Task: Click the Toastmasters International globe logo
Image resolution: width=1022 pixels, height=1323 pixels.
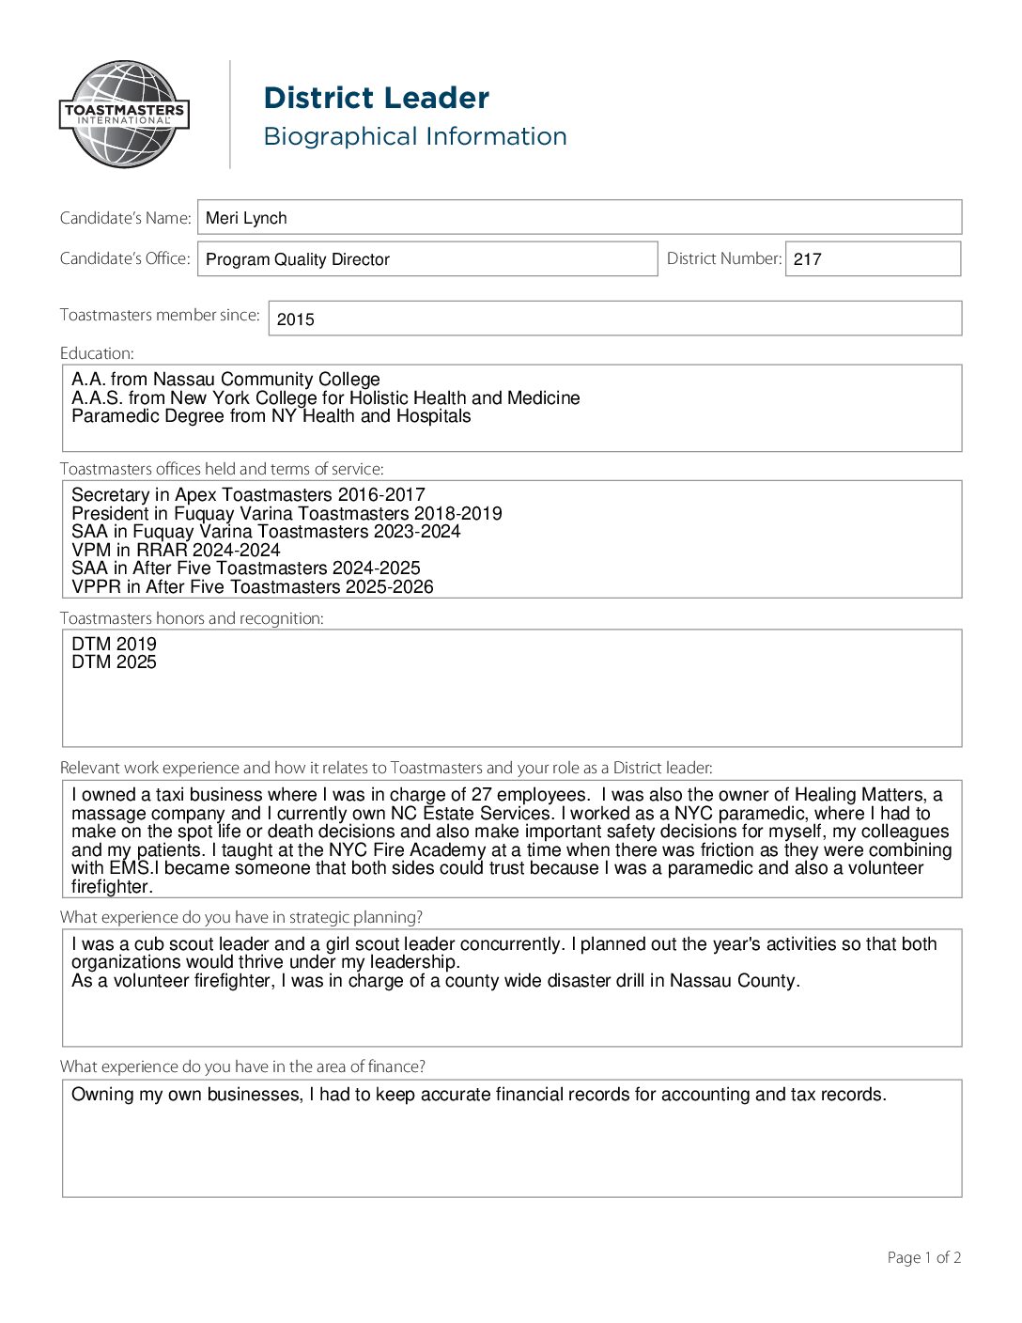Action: pyautogui.click(x=125, y=115)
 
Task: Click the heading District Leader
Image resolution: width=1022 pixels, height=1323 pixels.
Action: pyautogui.click(x=376, y=98)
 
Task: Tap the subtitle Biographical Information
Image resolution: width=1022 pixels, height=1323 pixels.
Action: pyautogui.click(x=414, y=136)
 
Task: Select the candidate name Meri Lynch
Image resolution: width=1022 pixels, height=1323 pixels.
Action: pyautogui.click(x=246, y=218)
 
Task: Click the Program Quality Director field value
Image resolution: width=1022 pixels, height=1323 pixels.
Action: pyautogui.click(x=297, y=259)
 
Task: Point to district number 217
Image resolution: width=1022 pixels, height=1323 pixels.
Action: pyautogui.click(x=807, y=259)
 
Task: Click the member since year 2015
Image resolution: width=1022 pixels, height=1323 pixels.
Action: pyautogui.click(x=295, y=319)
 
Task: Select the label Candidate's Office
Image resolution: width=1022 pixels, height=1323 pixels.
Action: pyautogui.click(x=125, y=258)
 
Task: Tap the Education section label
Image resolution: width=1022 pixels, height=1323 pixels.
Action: pyautogui.click(x=97, y=353)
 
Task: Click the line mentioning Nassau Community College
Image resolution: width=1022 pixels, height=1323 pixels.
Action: pyautogui.click(x=225, y=380)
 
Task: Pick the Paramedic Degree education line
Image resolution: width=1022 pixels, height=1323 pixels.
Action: pyautogui.click(x=271, y=416)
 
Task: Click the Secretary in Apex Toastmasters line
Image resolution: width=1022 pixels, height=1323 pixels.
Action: pyautogui.click(x=248, y=495)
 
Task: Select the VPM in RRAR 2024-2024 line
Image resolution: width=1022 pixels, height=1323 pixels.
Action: pyautogui.click(x=176, y=550)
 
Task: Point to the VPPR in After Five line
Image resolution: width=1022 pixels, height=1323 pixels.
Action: pyautogui.click(x=252, y=586)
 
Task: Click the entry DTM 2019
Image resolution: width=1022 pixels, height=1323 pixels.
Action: pyautogui.click(x=114, y=644)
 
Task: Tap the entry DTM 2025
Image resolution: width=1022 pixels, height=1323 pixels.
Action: pyautogui.click(x=114, y=662)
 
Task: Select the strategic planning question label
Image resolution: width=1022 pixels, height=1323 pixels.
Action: pyautogui.click(x=240, y=917)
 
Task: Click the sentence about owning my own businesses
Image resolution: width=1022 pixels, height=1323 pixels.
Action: pyautogui.click(x=478, y=1095)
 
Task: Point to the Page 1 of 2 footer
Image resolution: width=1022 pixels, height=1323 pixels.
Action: pyautogui.click(x=923, y=1257)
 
